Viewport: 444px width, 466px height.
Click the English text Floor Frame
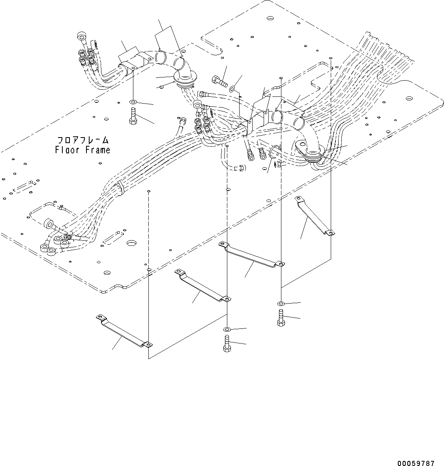pos(83,150)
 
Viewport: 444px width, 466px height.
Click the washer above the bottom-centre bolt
pos(227,329)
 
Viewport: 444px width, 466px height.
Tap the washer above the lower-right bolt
pos(280,304)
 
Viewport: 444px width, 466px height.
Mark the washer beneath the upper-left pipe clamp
pos(133,102)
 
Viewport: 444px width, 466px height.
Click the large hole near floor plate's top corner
pos(270,18)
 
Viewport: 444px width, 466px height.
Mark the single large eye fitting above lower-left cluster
pos(50,224)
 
